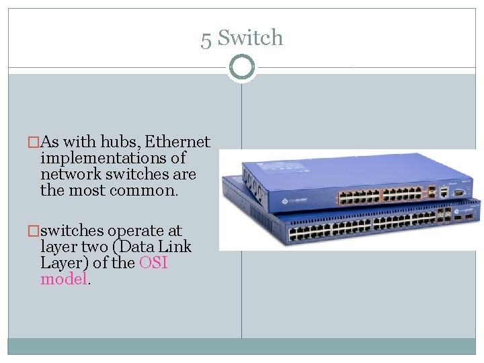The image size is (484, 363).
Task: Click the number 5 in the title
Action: (x=206, y=39)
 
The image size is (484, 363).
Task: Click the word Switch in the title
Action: (x=250, y=38)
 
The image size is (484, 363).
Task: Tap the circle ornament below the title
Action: (x=242, y=67)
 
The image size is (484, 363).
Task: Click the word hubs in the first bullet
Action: (x=120, y=142)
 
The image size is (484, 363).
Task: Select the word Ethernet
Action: (x=177, y=142)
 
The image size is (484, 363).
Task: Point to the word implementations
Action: (x=113, y=159)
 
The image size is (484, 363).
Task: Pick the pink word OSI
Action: (x=153, y=263)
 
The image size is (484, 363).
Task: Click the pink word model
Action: (x=64, y=279)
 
